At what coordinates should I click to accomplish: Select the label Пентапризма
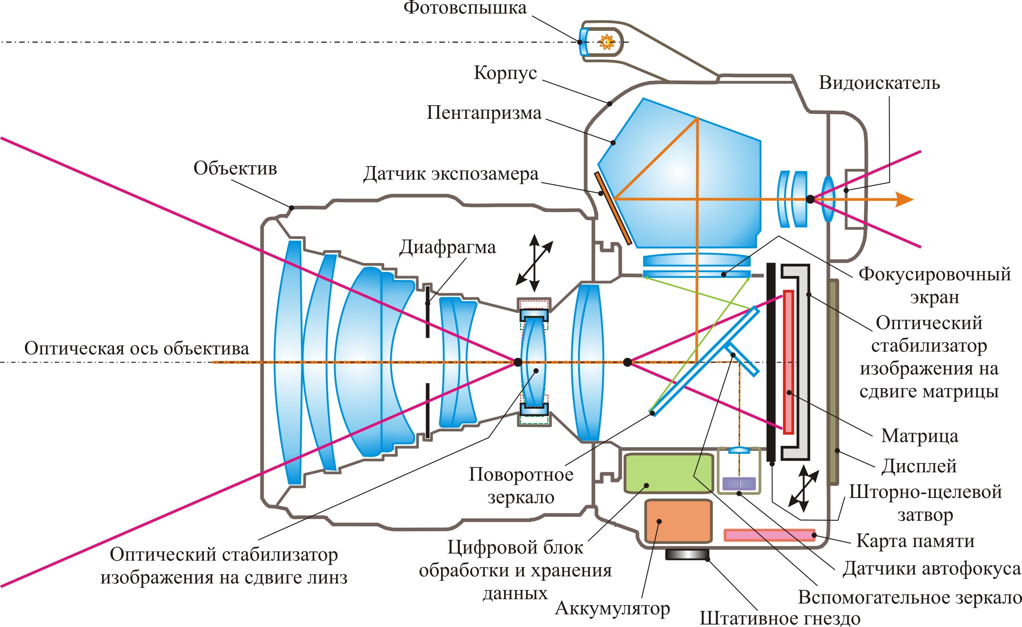[484, 113]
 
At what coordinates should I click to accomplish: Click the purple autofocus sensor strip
[739, 483]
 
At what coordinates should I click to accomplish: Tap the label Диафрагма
[447, 248]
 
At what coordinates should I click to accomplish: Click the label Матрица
[919, 436]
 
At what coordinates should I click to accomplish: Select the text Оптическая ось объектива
[137, 348]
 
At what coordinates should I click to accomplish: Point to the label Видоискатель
[879, 83]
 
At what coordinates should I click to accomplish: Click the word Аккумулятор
[612, 609]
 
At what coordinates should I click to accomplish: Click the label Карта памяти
[915, 541]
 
